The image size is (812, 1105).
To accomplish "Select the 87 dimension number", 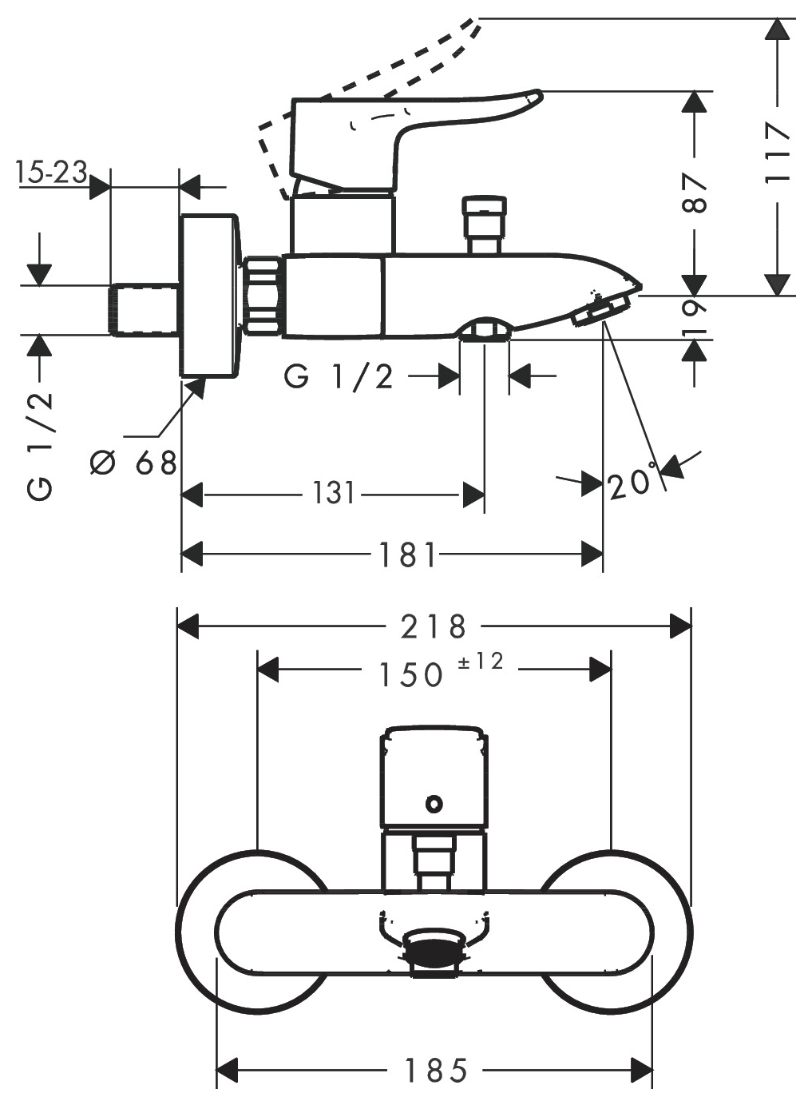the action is (695, 193).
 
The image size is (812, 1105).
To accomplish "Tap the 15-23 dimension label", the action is (51, 172).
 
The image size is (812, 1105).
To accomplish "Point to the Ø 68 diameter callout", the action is (133, 463).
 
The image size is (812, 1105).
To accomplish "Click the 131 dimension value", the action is (334, 493).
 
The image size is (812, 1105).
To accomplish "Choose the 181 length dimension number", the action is (407, 554).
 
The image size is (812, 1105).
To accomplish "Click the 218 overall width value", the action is (434, 626).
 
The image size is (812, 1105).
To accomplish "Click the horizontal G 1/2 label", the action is (339, 378).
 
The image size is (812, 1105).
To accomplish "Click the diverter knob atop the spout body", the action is (485, 225).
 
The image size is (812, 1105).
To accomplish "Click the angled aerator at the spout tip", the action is (600, 310).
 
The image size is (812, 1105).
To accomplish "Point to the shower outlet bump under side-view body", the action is (484, 328).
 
